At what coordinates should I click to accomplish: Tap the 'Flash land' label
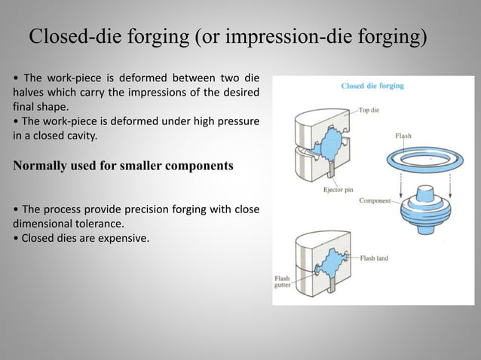374,258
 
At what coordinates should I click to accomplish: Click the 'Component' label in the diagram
375,200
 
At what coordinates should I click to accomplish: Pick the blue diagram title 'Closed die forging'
372,86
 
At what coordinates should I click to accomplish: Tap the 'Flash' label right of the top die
403,136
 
